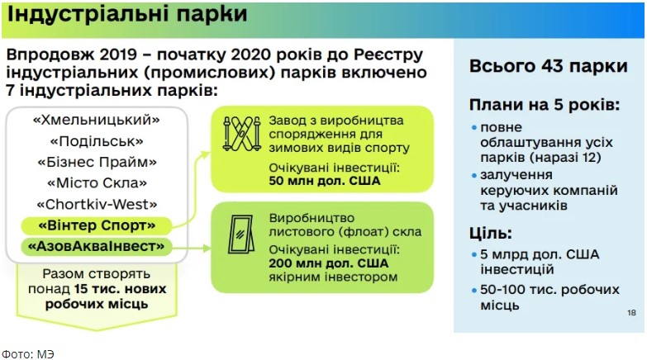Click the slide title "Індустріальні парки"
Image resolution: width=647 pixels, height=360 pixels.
pos(127,15)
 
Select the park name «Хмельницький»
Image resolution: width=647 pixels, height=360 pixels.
pos(97,120)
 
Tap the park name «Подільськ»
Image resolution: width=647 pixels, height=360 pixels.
pos(97,141)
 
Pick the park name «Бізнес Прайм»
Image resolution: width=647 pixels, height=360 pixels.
pos(97,162)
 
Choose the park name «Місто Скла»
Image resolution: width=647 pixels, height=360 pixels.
pos(97,182)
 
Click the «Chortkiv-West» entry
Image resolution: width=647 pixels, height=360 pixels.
pos(97,204)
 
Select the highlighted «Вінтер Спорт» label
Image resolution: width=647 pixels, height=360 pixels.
pos(97,225)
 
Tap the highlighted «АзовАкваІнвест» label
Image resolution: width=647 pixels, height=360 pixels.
pos(96,247)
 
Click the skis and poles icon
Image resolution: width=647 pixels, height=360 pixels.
pos(242,134)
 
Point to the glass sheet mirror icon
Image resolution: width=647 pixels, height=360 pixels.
pos(241,234)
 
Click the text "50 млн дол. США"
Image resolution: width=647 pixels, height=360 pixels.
pos(324,181)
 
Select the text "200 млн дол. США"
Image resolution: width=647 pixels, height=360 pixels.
pos(328,263)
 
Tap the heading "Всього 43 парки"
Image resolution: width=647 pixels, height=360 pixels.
pos(549,66)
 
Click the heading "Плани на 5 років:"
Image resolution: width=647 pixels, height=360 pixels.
pos(545,105)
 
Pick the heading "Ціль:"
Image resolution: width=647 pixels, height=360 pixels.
pos(490,234)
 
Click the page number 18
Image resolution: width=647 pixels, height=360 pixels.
pos(631,313)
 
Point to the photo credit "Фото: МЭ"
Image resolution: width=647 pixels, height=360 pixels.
pos(27,354)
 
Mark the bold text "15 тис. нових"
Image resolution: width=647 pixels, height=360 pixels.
pos(120,289)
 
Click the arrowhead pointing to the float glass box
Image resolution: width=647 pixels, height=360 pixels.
pos(207,249)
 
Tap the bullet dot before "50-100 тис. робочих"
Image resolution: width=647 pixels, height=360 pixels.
pos(474,290)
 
